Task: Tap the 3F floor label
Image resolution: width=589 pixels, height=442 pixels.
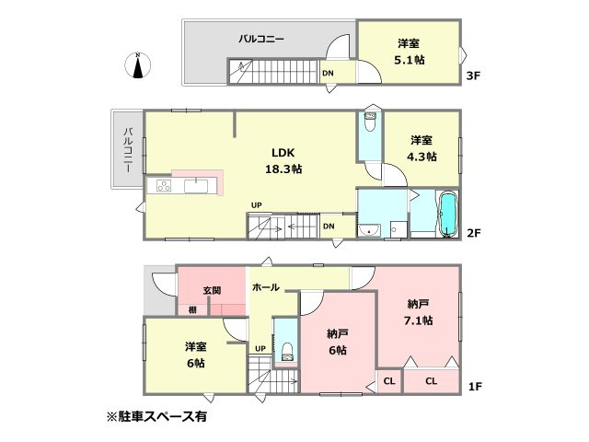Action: coord(475,76)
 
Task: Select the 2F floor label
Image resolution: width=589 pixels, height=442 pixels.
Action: coord(474,232)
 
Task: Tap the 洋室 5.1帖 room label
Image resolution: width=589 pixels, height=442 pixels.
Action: coord(410,52)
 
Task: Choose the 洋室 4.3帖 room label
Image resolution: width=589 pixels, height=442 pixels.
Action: coord(422,148)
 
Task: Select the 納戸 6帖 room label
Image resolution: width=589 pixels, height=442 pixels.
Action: coord(337,342)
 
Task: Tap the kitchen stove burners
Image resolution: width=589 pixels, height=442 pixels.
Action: coord(163,187)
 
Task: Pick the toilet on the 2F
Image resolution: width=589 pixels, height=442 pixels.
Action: coord(370,120)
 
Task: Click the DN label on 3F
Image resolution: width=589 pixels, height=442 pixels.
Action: coord(329,75)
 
